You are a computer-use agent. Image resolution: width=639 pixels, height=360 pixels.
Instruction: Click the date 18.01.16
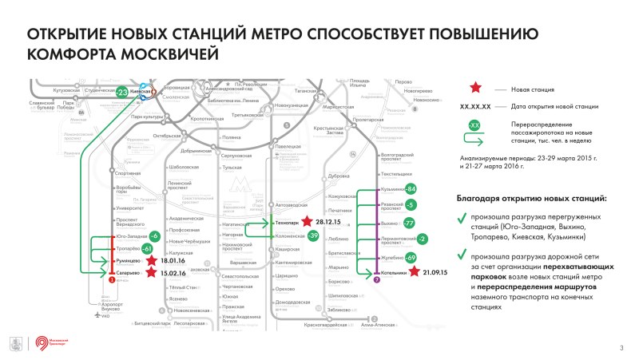point(173,260)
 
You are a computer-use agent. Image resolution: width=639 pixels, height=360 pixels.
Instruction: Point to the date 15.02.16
point(173,272)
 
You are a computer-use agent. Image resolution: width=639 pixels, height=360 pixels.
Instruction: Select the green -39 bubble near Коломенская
point(312,236)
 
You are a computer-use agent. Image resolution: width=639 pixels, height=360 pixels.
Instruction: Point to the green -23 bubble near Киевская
point(121,93)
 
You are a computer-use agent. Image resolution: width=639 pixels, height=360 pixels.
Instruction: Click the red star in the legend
point(474,89)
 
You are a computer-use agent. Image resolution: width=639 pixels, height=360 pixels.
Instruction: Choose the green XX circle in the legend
point(474,126)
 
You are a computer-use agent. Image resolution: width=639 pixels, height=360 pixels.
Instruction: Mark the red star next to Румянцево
point(153,260)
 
